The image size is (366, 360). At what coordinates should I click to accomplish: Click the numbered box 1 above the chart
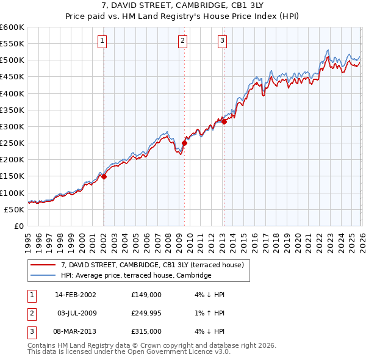click(102, 41)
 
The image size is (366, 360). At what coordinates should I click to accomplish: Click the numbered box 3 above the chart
click(222, 41)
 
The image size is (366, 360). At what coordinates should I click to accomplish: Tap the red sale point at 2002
click(104, 176)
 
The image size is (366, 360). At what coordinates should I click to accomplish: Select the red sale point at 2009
click(184, 143)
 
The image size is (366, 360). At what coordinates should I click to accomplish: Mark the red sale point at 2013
click(224, 121)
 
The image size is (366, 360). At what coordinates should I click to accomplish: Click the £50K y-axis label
click(14, 209)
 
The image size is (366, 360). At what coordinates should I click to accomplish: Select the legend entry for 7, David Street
click(152, 265)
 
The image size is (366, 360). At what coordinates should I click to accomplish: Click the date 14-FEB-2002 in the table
click(75, 294)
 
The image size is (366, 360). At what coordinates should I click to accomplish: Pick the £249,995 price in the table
click(146, 313)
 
